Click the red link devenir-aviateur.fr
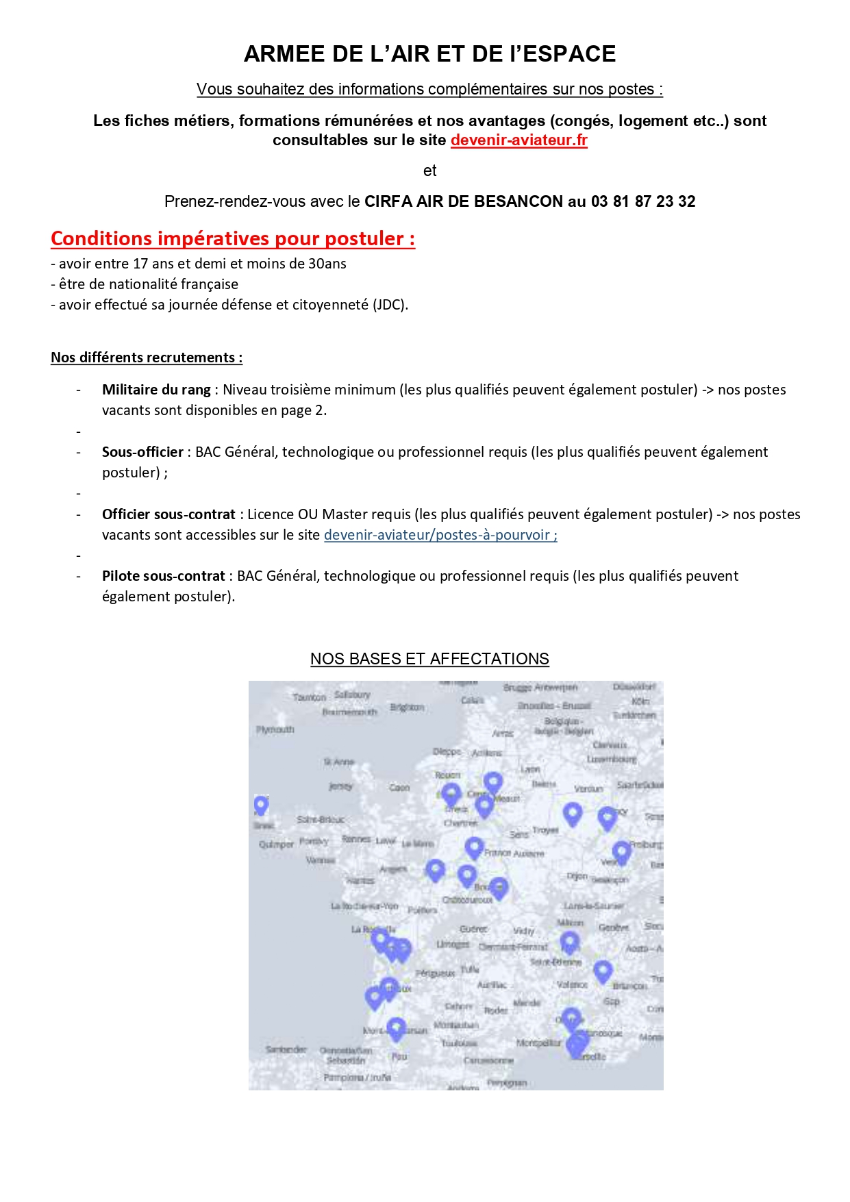click(x=518, y=140)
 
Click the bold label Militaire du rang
click(x=156, y=390)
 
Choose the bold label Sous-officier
click(x=142, y=452)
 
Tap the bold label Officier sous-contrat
click(x=168, y=514)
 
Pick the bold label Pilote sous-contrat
click(x=163, y=576)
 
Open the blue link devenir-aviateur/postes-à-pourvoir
click(x=440, y=535)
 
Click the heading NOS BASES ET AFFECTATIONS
click(x=429, y=659)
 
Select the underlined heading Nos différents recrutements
click(x=146, y=358)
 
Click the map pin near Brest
click(x=261, y=805)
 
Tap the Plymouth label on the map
click(x=275, y=729)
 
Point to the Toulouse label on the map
click(x=459, y=1043)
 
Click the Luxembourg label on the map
click(x=612, y=759)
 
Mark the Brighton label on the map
click(x=408, y=707)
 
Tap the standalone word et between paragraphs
click(x=429, y=171)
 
